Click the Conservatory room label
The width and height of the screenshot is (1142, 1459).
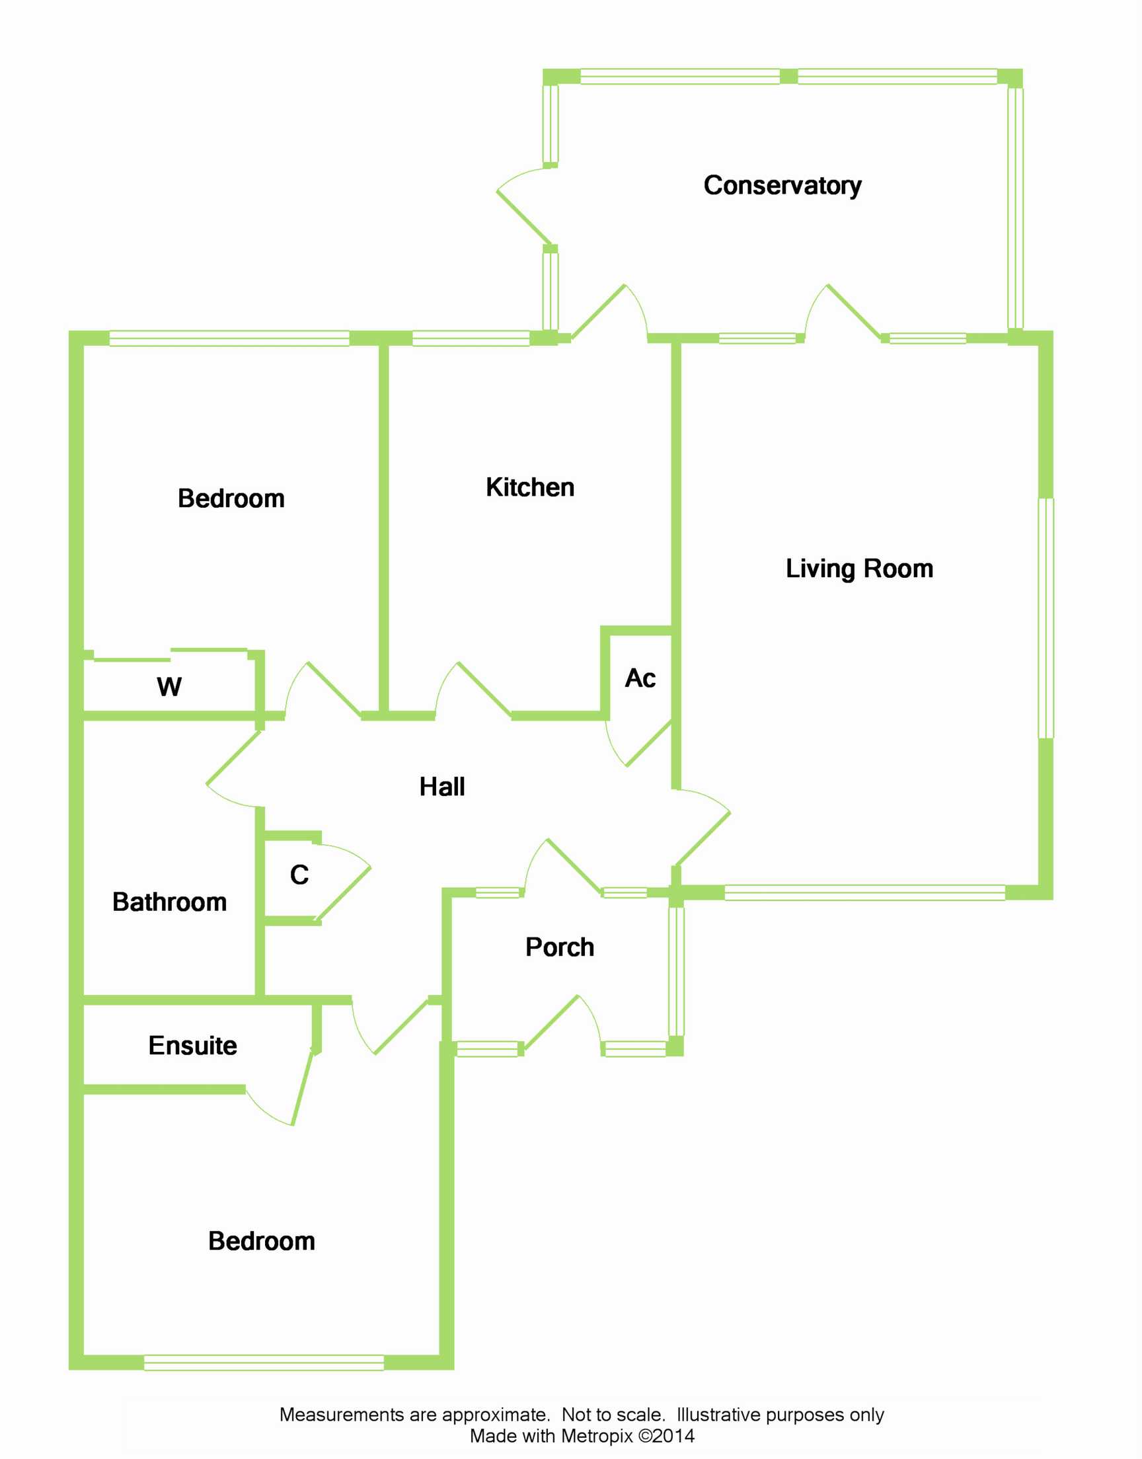click(x=782, y=185)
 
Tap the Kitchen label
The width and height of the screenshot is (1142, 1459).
click(x=529, y=487)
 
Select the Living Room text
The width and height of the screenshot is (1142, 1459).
click(x=859, y=569)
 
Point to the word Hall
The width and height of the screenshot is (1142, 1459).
click(x=442, y=787)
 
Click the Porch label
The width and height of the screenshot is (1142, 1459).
click(x=560, y=947)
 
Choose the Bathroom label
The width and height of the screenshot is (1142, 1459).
click(x=169, y=902)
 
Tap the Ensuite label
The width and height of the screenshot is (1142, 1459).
click(x=192, y=1045)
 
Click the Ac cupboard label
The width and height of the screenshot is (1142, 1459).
click(x=640, y=678)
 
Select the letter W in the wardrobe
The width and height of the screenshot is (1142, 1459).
click(x=169, y=687)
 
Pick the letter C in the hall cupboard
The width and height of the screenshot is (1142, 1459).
click(x=299, y=875)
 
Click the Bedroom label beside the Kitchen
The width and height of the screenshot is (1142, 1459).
click(x=231, y=498)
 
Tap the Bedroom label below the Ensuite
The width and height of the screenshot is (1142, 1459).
click(x=262, y=1241)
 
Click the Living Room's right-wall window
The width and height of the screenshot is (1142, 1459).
click(x=1046, y=619)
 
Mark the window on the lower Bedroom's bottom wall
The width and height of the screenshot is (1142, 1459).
click(x=264, y=1362)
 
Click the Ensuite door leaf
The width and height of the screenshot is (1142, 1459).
click(x=302, y=1087)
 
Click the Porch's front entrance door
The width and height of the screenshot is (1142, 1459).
click(x=552, y=1023)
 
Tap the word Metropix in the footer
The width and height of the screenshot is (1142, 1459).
click(x=596, y=1436)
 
